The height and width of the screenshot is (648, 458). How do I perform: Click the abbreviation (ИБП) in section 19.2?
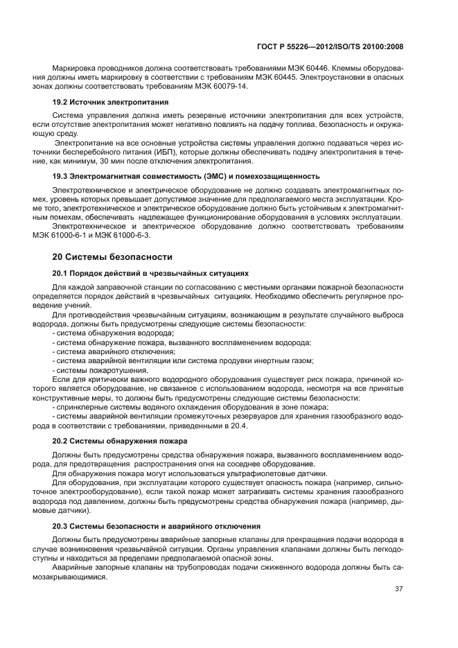[x=162, y=152]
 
